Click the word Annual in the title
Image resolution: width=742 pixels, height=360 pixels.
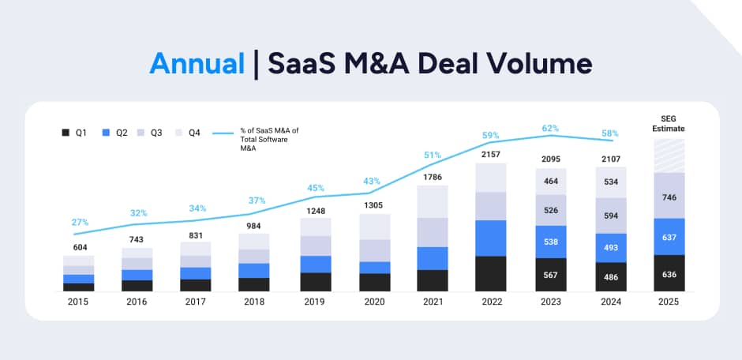tap(197, 63)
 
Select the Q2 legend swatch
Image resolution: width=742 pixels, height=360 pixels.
tap(106, 133)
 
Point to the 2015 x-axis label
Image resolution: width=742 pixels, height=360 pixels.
tap(78, 302)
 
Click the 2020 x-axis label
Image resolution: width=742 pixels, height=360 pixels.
tap(374, 302)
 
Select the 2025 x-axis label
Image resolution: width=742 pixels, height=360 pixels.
tap(669, 302)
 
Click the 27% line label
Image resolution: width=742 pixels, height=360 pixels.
tap(80, 223)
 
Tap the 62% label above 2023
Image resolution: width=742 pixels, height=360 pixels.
tap(550, 127)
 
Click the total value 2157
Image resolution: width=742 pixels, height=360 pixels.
tap(490, 153)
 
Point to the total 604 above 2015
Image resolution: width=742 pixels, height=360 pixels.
tap(78, 246)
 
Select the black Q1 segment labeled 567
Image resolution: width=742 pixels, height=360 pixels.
tap(550, 275)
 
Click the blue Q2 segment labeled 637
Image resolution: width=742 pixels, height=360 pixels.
tap(669, 236)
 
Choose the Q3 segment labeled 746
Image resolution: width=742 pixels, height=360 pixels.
tap(669, 195)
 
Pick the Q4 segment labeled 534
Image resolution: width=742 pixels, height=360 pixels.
tap(609, 182)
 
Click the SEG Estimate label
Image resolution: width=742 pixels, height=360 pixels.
tap(669, 123)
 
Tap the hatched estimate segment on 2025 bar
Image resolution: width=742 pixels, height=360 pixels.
tap(669, 156)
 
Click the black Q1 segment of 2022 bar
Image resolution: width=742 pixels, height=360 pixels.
tap(490, 273)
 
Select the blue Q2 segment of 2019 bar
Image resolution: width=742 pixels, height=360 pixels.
tap(315, 264)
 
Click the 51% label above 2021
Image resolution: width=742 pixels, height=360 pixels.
tap(432, 156)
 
